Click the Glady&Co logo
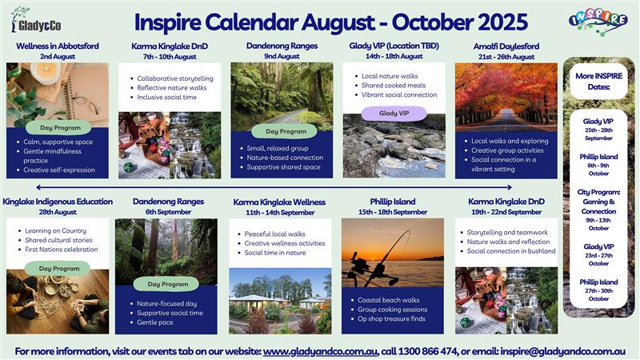(x=36, y=21)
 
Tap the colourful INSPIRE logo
(x=598, y=22)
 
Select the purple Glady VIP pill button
(x=394, y=113)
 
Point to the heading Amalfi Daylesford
(x=506, y=46)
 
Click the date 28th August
(x=58, y=212)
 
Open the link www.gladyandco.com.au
(x=320, y=351)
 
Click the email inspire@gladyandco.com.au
(x=563, y=351)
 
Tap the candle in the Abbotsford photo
(x=46, y=73)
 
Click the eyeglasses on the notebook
(x=86, y=104)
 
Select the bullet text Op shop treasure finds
(x=391, y=318)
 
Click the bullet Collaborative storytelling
(x=175, y=78)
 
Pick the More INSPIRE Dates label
(x=598, y=82)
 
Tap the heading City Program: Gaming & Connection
(x=598, y=202)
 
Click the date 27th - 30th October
(x=598, y=294)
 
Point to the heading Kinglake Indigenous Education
(x=58, y=202)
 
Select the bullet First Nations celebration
(x=62, y=249)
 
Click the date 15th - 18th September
(x=393, y=212)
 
